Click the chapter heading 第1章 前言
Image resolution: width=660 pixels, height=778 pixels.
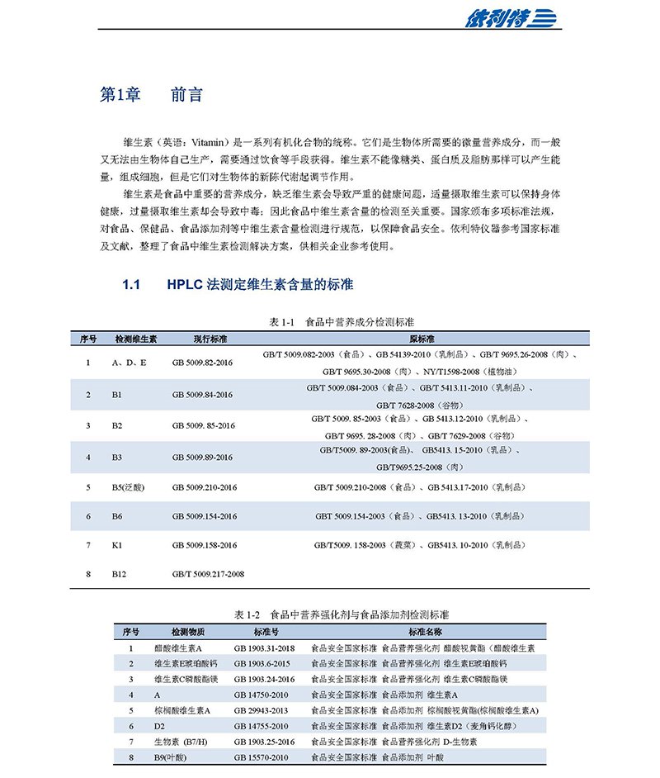151,94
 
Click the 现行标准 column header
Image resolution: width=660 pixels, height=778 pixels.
210,339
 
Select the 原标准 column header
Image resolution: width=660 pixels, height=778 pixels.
422,339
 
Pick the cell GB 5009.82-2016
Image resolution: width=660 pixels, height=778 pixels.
203,363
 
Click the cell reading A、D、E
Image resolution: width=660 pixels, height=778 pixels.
129,363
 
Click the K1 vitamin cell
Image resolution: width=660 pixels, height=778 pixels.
117,545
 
